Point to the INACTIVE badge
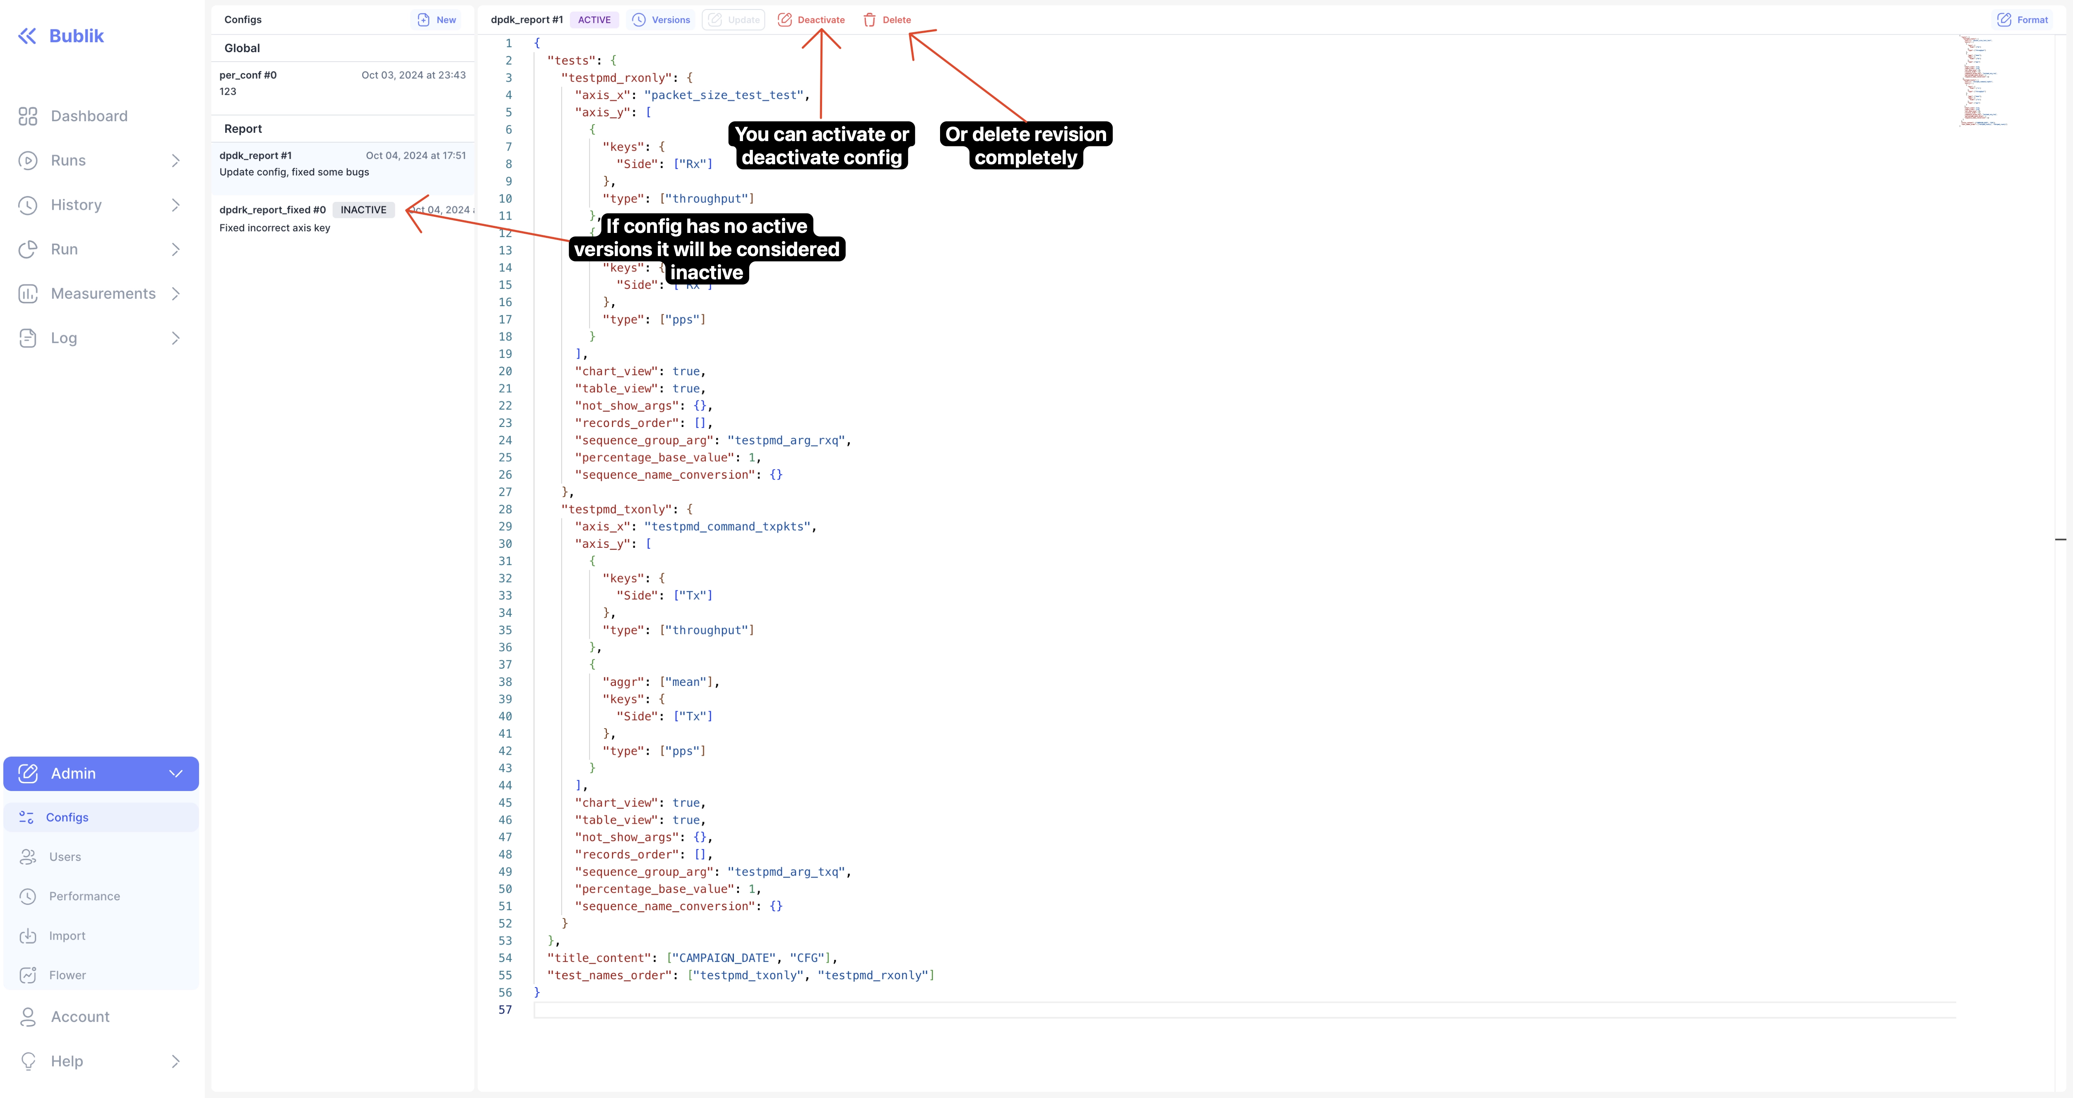point(363,210)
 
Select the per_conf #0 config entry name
point(248,75)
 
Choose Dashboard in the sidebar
point(89,116)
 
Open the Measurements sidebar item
point(103,294)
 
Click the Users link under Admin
point(65,857)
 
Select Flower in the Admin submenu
point(67,975)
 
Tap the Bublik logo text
point(77,36)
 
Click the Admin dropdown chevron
point(176,774)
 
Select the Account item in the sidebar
point(79,1017)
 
